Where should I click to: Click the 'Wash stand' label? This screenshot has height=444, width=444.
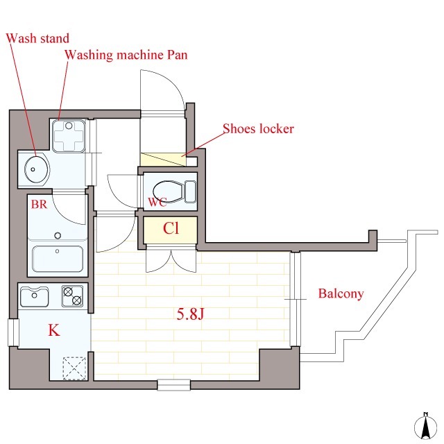[37, 38]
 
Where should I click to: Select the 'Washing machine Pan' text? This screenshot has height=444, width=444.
[126, 55]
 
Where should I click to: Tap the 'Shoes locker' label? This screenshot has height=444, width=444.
[258, 128]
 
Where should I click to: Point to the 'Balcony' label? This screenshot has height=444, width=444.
[341, 293]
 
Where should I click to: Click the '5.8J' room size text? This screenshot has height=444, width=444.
[190, 314]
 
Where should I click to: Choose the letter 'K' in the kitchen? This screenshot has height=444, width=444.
[54, 330]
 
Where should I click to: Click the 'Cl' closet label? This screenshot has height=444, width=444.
[171, 228]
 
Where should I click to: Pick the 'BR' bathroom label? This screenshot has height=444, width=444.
[39, 204]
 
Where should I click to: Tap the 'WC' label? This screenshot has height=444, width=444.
[157, 202]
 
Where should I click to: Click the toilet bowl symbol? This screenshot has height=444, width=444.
[174, 191]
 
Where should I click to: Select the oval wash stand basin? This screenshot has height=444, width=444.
[37, 169]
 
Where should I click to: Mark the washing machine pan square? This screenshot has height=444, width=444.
[69, 136]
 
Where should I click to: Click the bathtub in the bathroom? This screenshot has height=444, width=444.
[58, 259]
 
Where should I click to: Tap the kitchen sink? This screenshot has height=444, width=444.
[34, 296]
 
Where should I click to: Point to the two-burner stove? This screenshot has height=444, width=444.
[72, 296]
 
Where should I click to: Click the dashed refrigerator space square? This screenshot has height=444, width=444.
[74, 368]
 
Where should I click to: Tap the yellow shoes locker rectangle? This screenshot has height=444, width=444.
[164, 160]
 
